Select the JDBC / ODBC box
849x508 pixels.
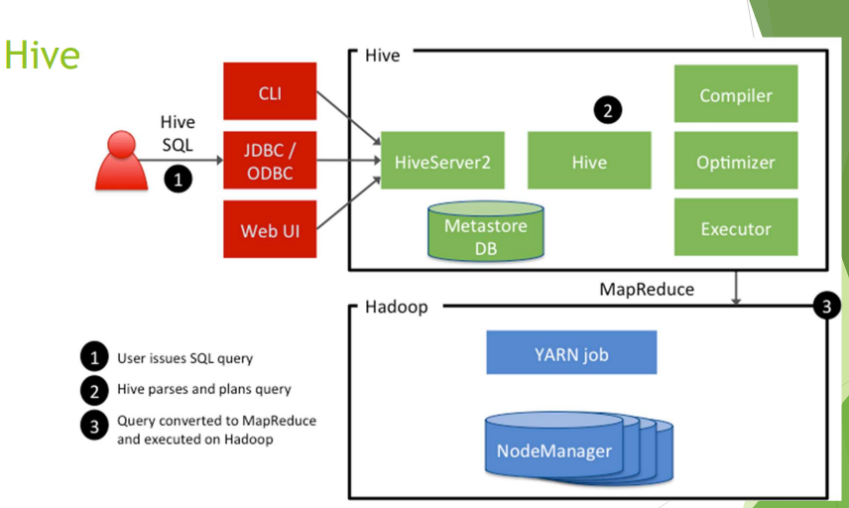(x=270, y=160)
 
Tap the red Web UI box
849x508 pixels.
(x=270, y=229)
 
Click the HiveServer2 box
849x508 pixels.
(x=442, y=161)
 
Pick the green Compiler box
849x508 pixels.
(x=735, y=95)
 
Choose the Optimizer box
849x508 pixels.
(x=735, y=162)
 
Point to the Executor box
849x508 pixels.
(x=735, y=227)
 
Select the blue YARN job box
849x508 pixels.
(x=571, y=352)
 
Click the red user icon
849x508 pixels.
(x=121, y=160)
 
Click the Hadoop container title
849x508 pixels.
(x=396, y=307)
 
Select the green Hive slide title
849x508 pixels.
(x=41, y=56)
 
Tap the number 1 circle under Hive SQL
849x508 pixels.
(x=177, y=181)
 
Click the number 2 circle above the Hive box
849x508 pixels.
(x=607, y=111)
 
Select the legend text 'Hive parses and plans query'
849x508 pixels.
(x=203, y=389)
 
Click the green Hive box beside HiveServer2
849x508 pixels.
(x=589, y=161)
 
